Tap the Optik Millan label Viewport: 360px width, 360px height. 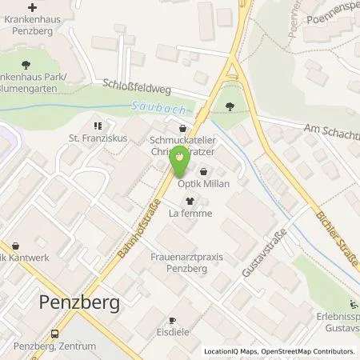(x=206, y=184)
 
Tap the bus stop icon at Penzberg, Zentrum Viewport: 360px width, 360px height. (x=54, y=333)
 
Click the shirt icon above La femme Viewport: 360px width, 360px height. (x=189, y=200)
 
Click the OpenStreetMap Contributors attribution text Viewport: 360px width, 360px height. (x=311, y=352)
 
